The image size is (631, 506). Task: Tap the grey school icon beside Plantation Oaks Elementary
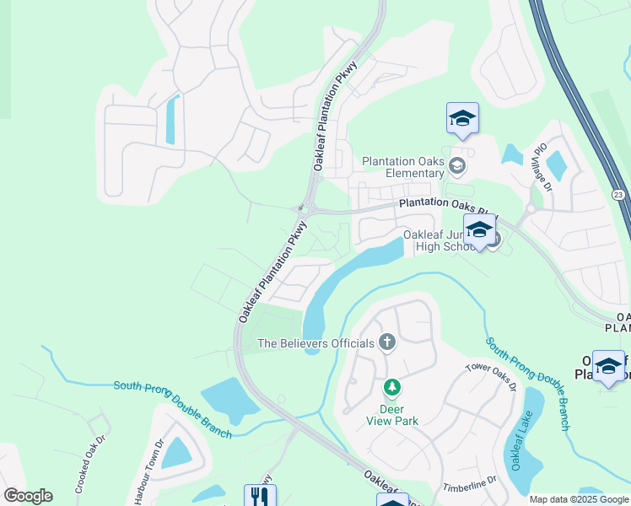click(457, 164)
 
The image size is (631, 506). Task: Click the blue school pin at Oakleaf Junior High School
click(479, 229)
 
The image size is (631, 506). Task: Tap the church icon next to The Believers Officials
click(387, 342)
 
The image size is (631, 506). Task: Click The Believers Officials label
click(315, 343)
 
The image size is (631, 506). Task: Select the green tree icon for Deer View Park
click(391, 388)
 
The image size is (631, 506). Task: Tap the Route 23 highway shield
click(618, 194)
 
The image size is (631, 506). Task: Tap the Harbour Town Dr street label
click(148, 472)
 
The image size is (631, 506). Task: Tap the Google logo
click(28, 496)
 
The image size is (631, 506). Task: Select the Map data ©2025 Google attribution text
click(578, 499)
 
